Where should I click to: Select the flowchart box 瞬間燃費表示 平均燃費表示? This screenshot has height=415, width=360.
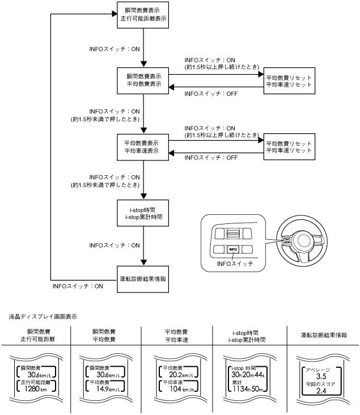143,80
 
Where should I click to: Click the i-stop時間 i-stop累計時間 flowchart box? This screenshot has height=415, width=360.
143,212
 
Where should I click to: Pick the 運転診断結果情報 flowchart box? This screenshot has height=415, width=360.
143,279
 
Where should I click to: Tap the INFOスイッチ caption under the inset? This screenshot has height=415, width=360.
234,264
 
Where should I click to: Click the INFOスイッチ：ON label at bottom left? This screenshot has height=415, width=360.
77,287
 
